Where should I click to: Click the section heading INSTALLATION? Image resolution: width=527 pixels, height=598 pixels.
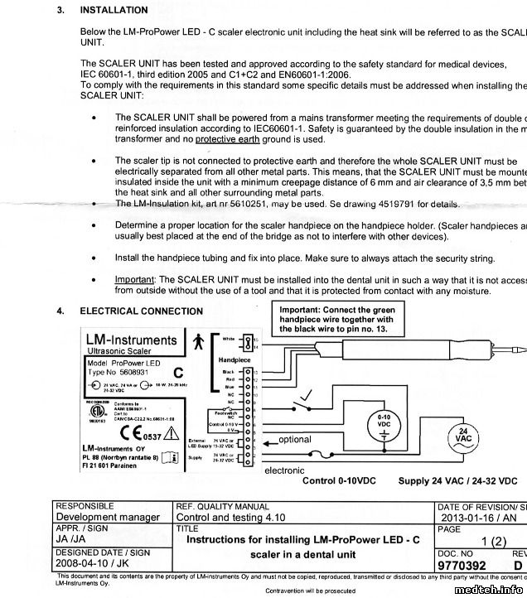(x=114, y=11)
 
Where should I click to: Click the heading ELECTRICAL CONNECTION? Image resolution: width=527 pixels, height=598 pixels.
(x=141, y=311)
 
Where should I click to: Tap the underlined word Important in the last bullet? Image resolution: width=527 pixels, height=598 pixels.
(x=134, y=280)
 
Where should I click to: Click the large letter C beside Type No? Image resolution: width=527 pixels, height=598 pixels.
(x=177, y=373)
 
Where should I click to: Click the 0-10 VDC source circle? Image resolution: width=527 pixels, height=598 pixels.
(x=384, y=423)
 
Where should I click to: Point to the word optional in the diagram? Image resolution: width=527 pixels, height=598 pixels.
(x=295, y=440)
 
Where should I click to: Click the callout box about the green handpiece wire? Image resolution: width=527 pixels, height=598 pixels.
(x=336, y=318)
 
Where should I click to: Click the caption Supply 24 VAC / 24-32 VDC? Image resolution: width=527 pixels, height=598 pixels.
(x=457, y=481)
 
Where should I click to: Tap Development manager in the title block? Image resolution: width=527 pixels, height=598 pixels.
(x=107, y=517)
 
